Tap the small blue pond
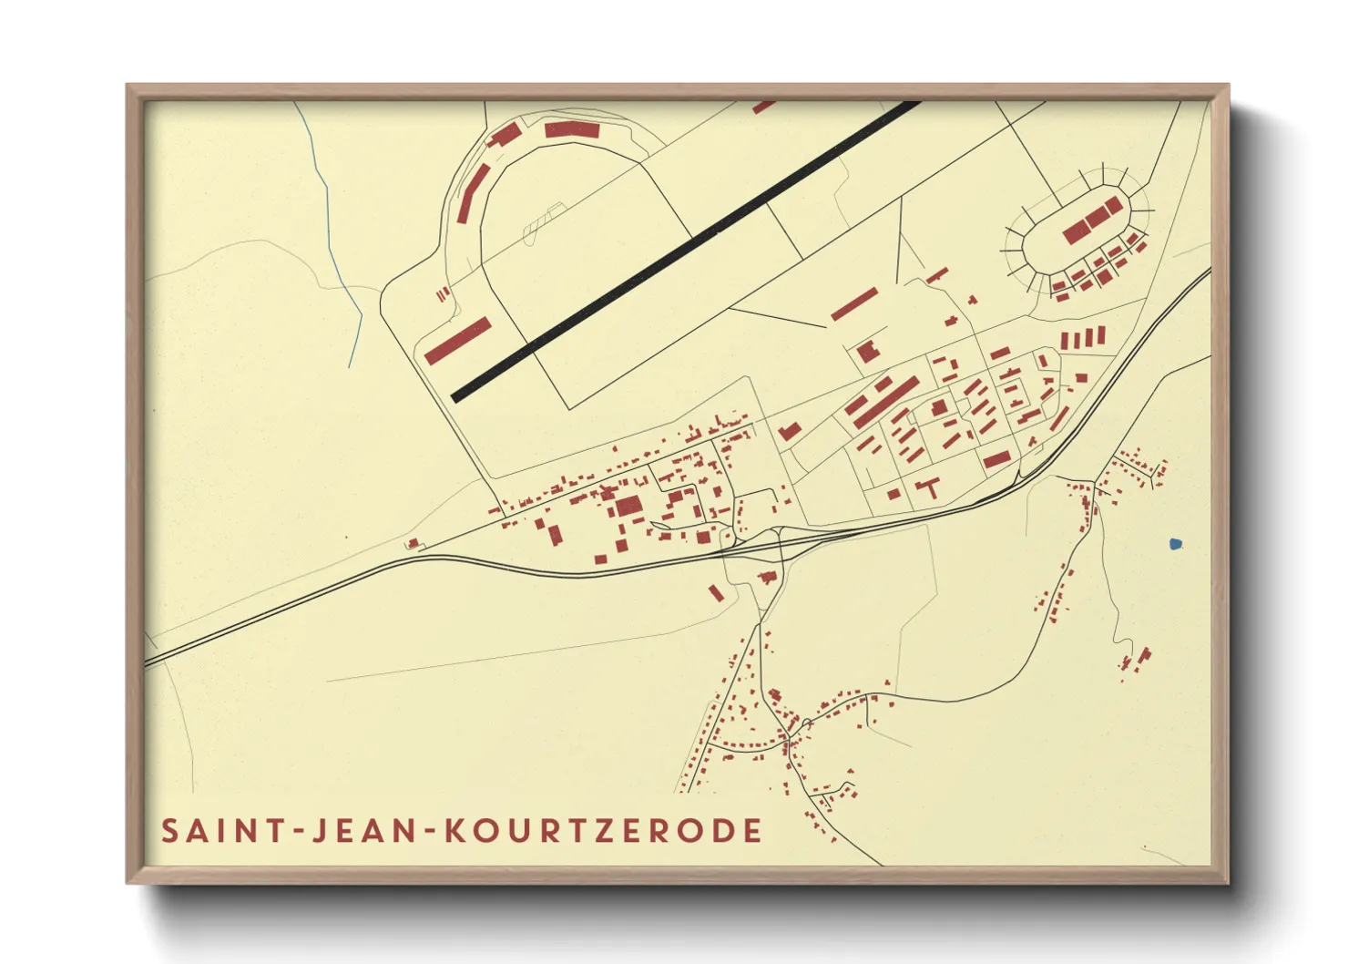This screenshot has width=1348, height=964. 1175,545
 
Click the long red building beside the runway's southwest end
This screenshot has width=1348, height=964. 457,341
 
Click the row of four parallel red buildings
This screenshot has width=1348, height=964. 1082,339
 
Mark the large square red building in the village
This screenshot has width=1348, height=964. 628,507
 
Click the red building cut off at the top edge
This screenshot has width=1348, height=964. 763,107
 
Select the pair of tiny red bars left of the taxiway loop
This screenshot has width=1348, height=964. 443,293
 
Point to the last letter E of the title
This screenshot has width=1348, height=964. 752,831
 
